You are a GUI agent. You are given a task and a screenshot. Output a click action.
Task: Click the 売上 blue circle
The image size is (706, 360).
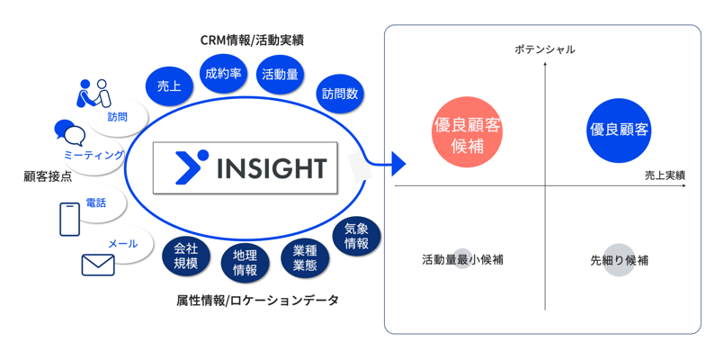point(168,86)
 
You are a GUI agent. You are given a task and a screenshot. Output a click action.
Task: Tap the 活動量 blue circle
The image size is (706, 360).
point(280,75)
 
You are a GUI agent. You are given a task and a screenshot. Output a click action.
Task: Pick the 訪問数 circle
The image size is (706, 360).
point(341,93)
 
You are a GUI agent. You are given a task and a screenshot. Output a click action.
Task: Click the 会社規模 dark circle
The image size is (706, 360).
point(185,256)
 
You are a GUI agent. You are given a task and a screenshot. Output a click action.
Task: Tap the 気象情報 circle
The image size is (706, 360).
point(356,237)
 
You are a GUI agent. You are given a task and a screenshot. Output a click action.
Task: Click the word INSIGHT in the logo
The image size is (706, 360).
point(273,168)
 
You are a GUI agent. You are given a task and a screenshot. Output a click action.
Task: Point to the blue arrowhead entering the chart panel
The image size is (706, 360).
point(398,164)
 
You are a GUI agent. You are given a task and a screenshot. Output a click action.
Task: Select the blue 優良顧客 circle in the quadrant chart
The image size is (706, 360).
point(619,130)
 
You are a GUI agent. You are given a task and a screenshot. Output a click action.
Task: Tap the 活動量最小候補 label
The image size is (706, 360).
point(462,260)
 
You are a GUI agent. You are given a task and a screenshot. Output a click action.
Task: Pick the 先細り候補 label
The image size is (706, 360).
point(619,260)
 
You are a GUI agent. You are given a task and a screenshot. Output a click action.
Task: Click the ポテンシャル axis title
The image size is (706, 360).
point(544,49)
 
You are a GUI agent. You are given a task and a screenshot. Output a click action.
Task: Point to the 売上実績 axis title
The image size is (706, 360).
point(665,175)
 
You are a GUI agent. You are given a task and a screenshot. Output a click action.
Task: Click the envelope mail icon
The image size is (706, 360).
point(98,265)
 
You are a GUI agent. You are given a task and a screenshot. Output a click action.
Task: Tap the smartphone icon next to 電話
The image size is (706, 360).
point(69,219)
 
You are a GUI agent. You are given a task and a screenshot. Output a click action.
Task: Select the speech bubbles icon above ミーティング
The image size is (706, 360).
point(69,133)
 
